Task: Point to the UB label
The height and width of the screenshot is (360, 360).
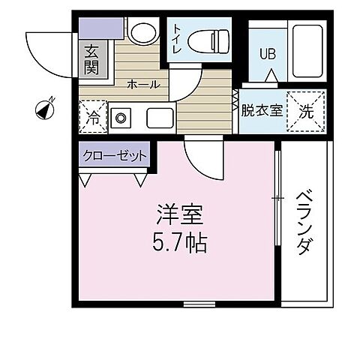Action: click(266, 54)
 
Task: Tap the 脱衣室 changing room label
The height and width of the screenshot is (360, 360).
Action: click(261, 111)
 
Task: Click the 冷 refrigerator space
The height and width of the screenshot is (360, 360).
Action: click(91, 117)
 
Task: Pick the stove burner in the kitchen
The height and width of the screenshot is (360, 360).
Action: click(120, 118)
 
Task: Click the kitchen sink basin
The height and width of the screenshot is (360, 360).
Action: click(159, 118)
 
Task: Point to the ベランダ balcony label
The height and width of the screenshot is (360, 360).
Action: click(304, 223)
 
